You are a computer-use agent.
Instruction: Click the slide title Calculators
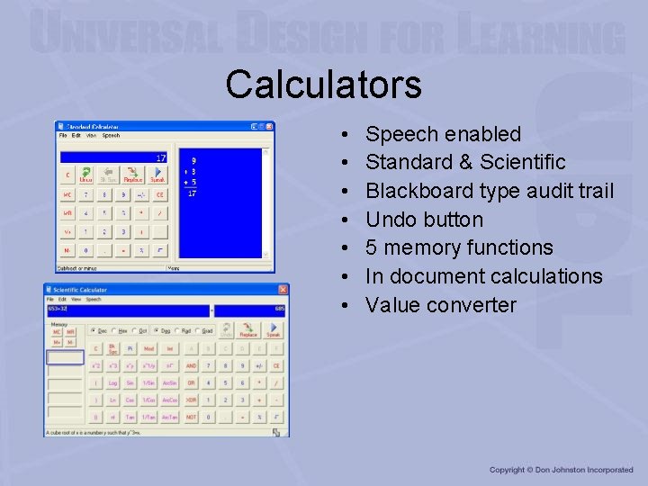click(x=323, y=85)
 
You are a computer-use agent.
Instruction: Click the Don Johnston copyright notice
click(x=561, y=470)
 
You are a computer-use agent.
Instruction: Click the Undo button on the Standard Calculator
click(x=86, y=174)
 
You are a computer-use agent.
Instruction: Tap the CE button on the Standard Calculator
click(x=159, y=194)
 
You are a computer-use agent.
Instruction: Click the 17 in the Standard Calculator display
click(x=160, y=158)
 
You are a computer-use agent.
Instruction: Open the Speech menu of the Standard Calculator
click(x=111, y=136)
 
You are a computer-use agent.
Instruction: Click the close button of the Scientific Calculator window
click(x=283, y=290)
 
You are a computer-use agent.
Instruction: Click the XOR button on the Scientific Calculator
click(x=192, y=400)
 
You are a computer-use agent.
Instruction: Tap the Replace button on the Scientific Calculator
click(x=248, y=331)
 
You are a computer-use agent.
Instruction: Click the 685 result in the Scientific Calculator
click(x=279, y=310)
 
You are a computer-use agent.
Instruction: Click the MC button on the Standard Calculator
click(x=67, y=194)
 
